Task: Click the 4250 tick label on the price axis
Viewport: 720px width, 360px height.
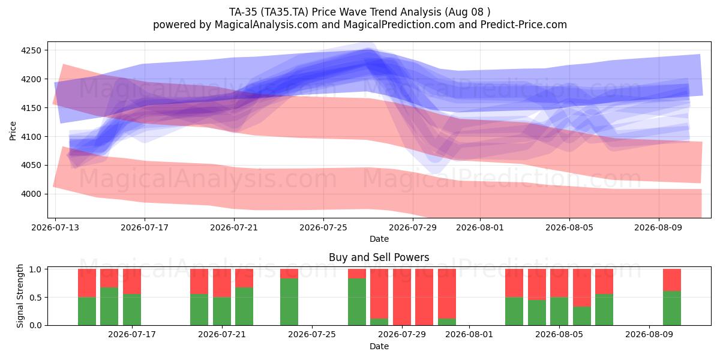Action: point(31,50)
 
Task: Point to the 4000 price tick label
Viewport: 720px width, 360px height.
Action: point(31,194)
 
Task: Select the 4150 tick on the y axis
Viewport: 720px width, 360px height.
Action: point(31,108)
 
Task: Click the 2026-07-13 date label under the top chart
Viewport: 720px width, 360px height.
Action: point(55,227)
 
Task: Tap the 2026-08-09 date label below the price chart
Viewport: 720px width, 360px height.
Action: point(658,227)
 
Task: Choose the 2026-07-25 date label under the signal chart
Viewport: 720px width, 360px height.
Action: point(312,335)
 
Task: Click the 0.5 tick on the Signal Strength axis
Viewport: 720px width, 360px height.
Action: point(35,298)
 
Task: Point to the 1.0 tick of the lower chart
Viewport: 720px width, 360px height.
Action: point(35,269)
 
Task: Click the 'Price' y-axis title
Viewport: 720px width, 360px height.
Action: point(13,131)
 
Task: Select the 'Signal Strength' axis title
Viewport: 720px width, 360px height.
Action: point(20,296)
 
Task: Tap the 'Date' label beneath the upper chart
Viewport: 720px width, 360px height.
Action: point(379,239)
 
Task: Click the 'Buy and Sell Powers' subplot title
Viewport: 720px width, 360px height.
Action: point(379,257)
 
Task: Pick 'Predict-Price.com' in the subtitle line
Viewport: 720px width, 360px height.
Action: point(524,25)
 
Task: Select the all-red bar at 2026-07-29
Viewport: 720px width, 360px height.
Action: point(402,297)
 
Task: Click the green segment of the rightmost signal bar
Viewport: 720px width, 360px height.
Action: point(672,308)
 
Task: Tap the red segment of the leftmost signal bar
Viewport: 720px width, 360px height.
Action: point(87,283)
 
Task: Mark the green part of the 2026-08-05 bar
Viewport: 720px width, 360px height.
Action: point(559,311)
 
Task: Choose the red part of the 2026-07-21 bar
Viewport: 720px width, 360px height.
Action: point(222,283)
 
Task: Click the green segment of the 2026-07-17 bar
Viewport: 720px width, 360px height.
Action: point(132,310)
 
